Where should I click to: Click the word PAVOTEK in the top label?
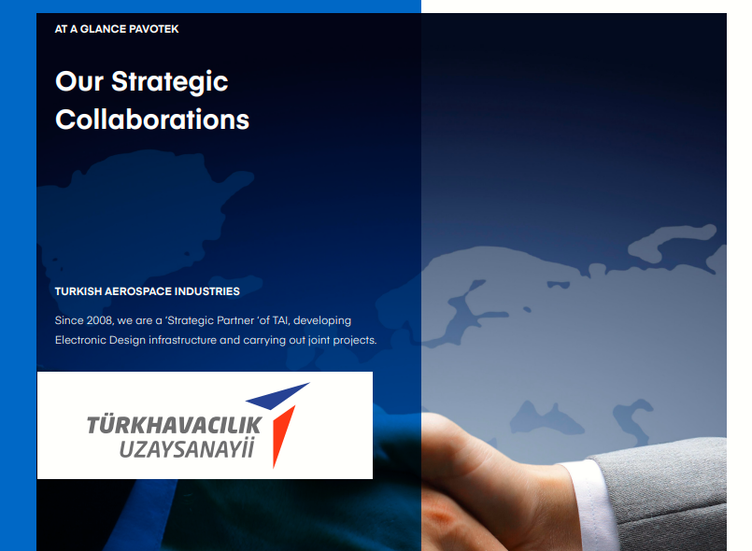[154, 29]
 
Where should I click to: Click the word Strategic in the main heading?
[170, 82]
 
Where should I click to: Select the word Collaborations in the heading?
[152, 120]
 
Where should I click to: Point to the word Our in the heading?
[79, 81]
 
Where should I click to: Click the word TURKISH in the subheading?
[78, 291]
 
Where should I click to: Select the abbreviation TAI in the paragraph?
[281, 320]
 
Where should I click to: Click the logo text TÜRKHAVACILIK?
[174, 425]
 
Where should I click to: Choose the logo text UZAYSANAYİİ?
[187, 449]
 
